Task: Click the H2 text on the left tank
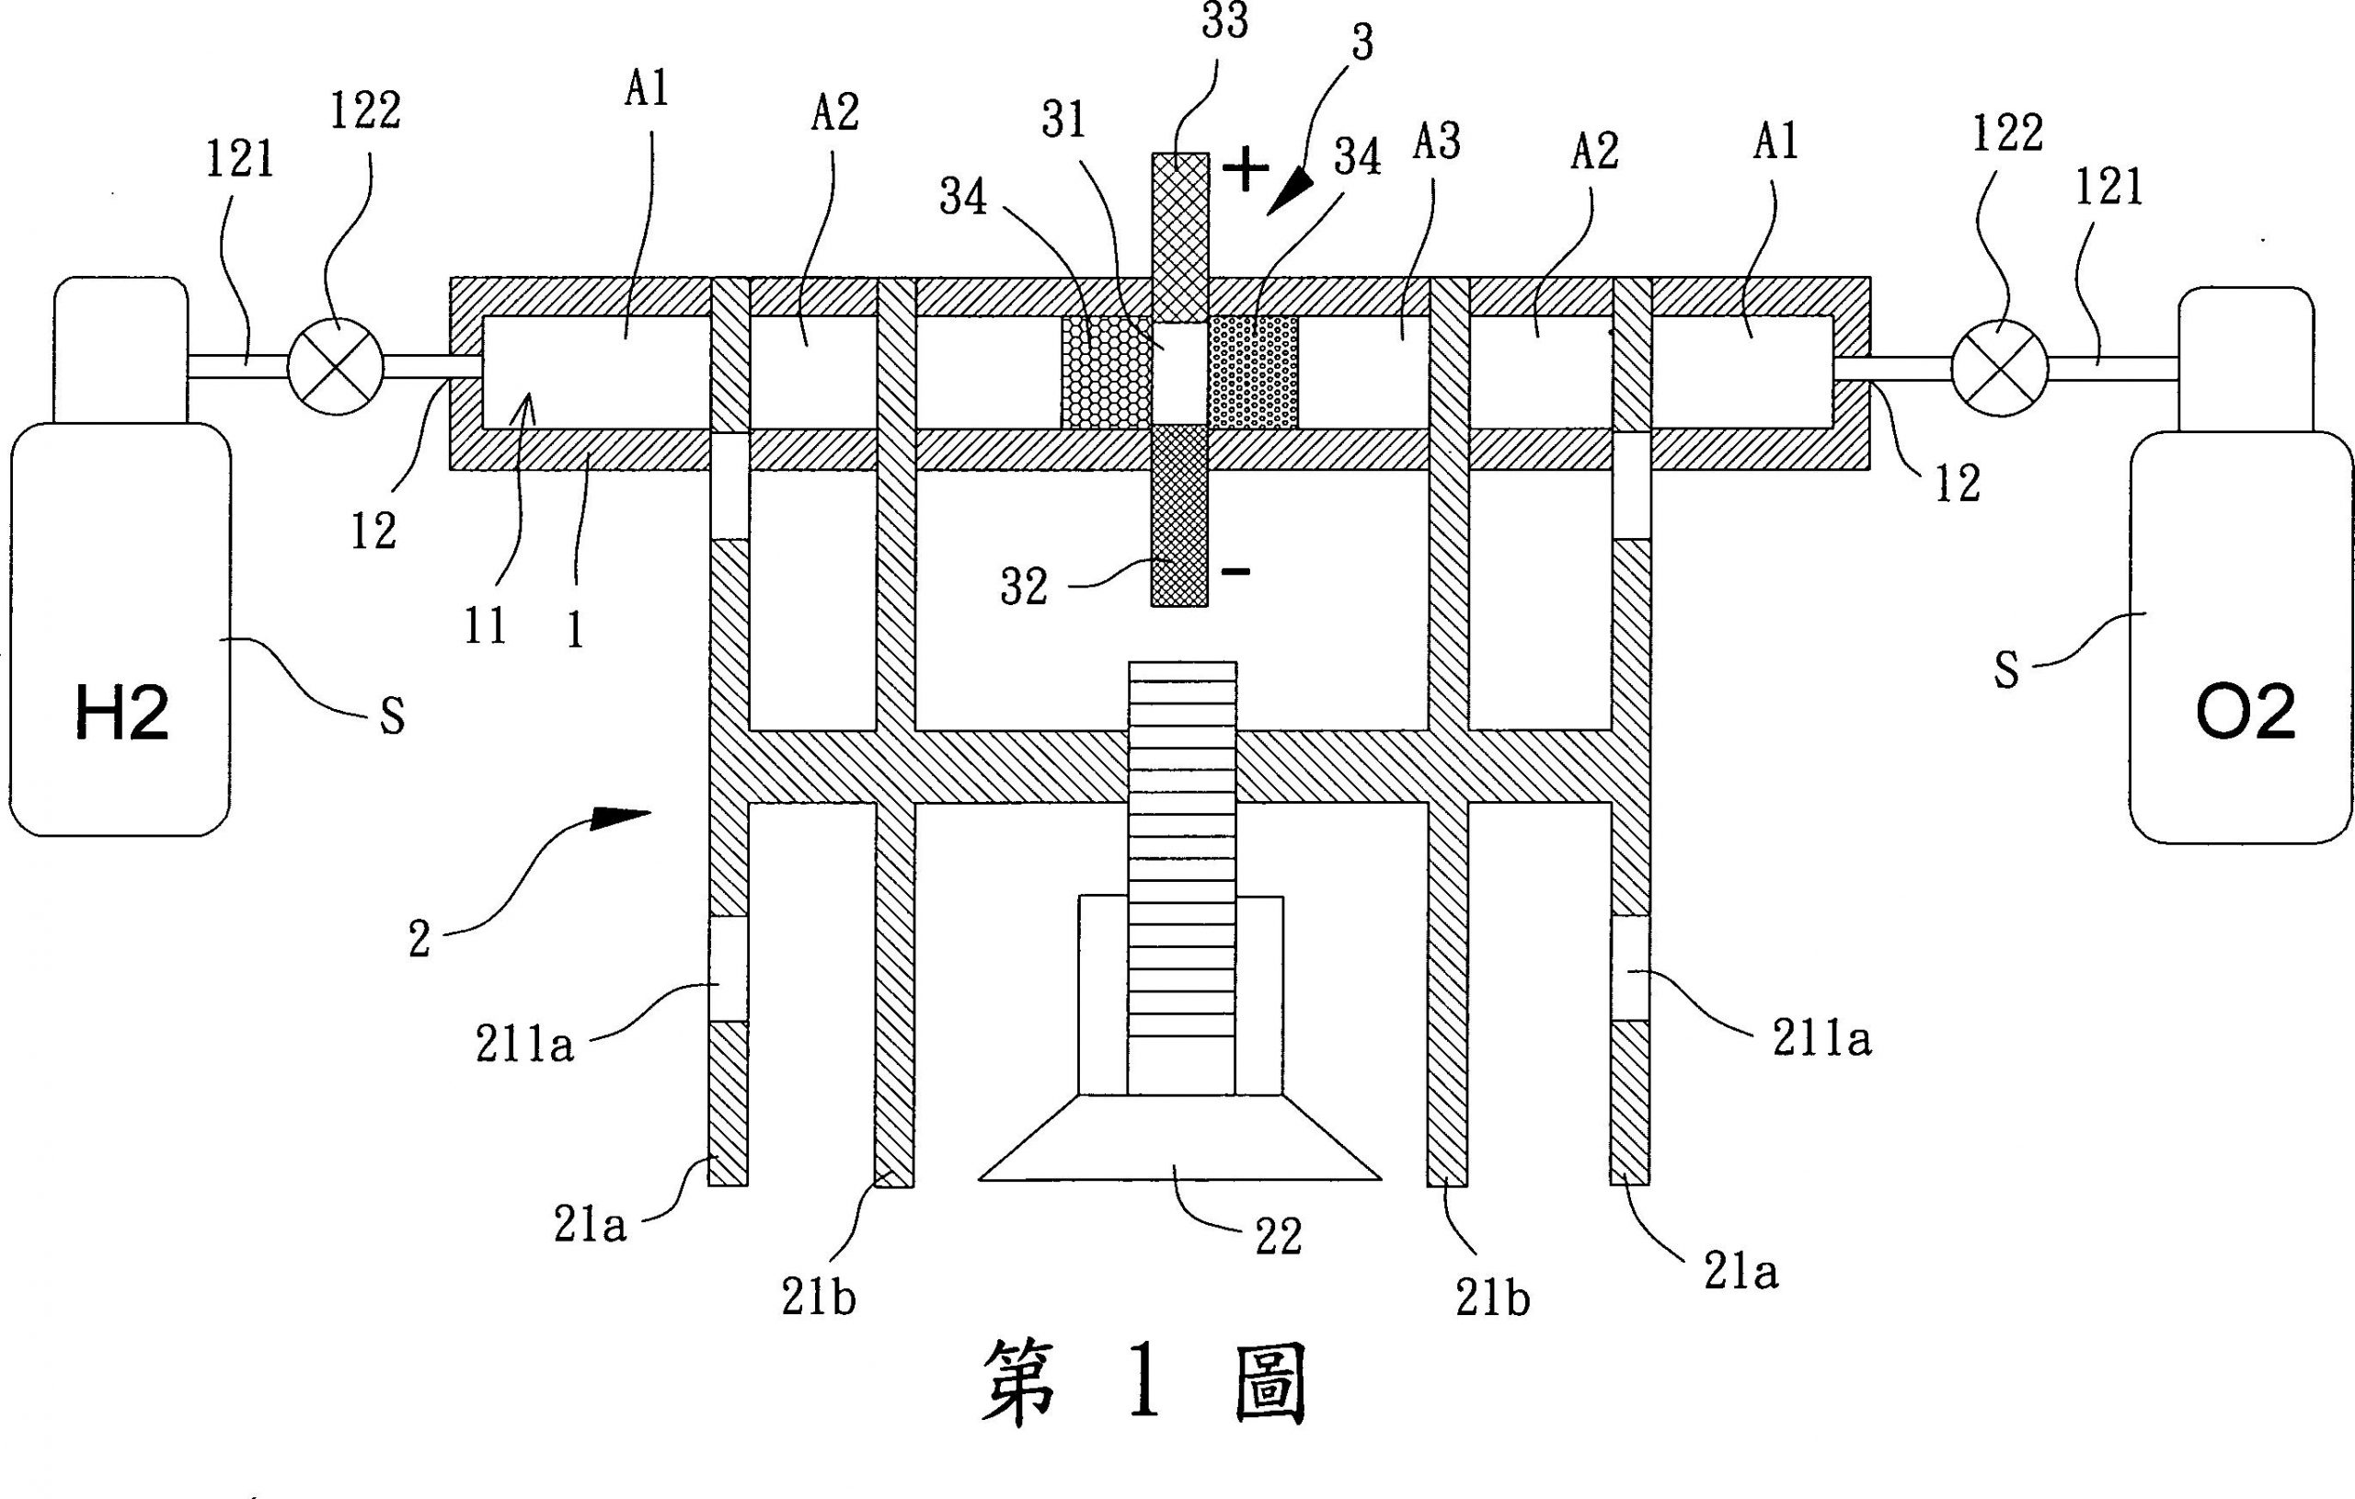point(122,713)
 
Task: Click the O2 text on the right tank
point(2245,713)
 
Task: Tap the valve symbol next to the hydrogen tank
point(337,366)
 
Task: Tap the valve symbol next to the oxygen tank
point(1998,368)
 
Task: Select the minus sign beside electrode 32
point(1237,571)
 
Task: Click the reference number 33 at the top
point(1224,22)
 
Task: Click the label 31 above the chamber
point(1064,121)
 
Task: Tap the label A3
point(1437,143)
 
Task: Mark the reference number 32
point(1024,588)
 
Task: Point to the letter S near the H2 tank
point(392,717)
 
